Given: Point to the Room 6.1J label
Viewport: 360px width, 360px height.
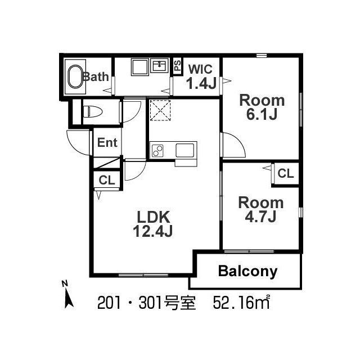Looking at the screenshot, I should [262, 107].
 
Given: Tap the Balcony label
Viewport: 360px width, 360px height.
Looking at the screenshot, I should [247, 272].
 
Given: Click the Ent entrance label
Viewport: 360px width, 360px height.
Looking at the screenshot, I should [107, 143].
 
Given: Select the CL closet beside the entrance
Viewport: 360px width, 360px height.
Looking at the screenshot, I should [106, 180].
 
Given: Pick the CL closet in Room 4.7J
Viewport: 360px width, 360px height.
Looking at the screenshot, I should [285, 174].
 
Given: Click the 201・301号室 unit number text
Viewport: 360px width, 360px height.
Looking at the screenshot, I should [146, 304].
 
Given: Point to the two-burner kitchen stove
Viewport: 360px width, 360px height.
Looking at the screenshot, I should [157, 151].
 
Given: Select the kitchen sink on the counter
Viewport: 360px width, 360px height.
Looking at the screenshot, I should [185, 150].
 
